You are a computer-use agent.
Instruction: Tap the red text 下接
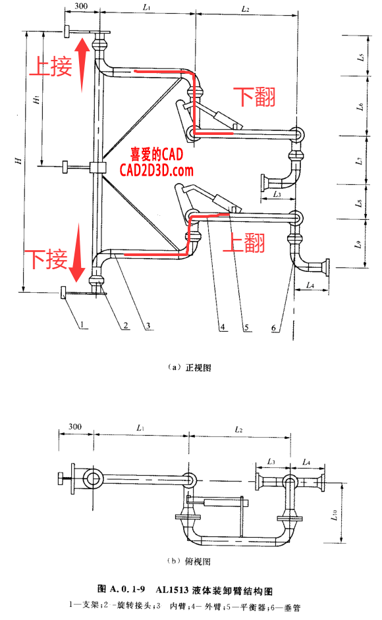[46, 259]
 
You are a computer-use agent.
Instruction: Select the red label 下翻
[254, 97]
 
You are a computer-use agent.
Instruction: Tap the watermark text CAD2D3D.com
[156, 170]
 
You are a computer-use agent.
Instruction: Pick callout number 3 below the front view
[150, 324]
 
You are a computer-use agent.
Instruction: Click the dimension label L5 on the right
[361, 57]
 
